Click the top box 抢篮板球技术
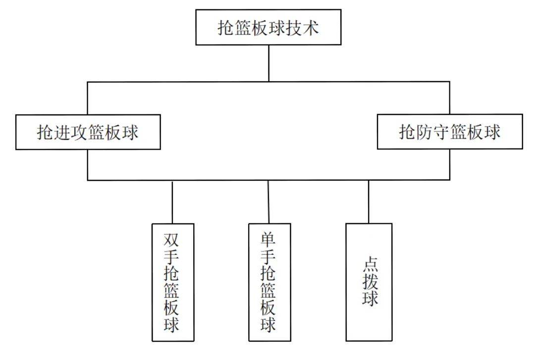(268, 27)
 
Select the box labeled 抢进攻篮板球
(88, 132)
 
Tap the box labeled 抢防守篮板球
(450, 132)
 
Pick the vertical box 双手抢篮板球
(172, 282)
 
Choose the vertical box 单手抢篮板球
(269, 282)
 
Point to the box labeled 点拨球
(369, 282)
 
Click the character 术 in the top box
(310, 28)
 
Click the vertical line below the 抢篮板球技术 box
(268, 63)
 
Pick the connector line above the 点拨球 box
(369, 202)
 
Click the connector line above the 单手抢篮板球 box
(268, 202)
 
